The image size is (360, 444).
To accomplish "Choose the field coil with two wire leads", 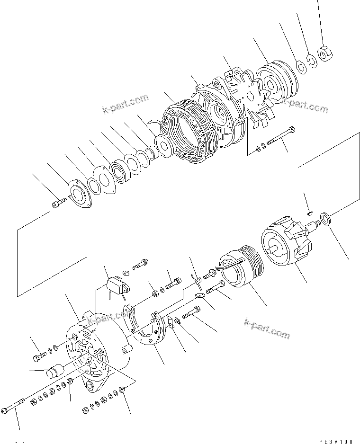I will tap(239, 270).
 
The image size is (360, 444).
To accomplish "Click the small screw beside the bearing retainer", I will tap(56, 204).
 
